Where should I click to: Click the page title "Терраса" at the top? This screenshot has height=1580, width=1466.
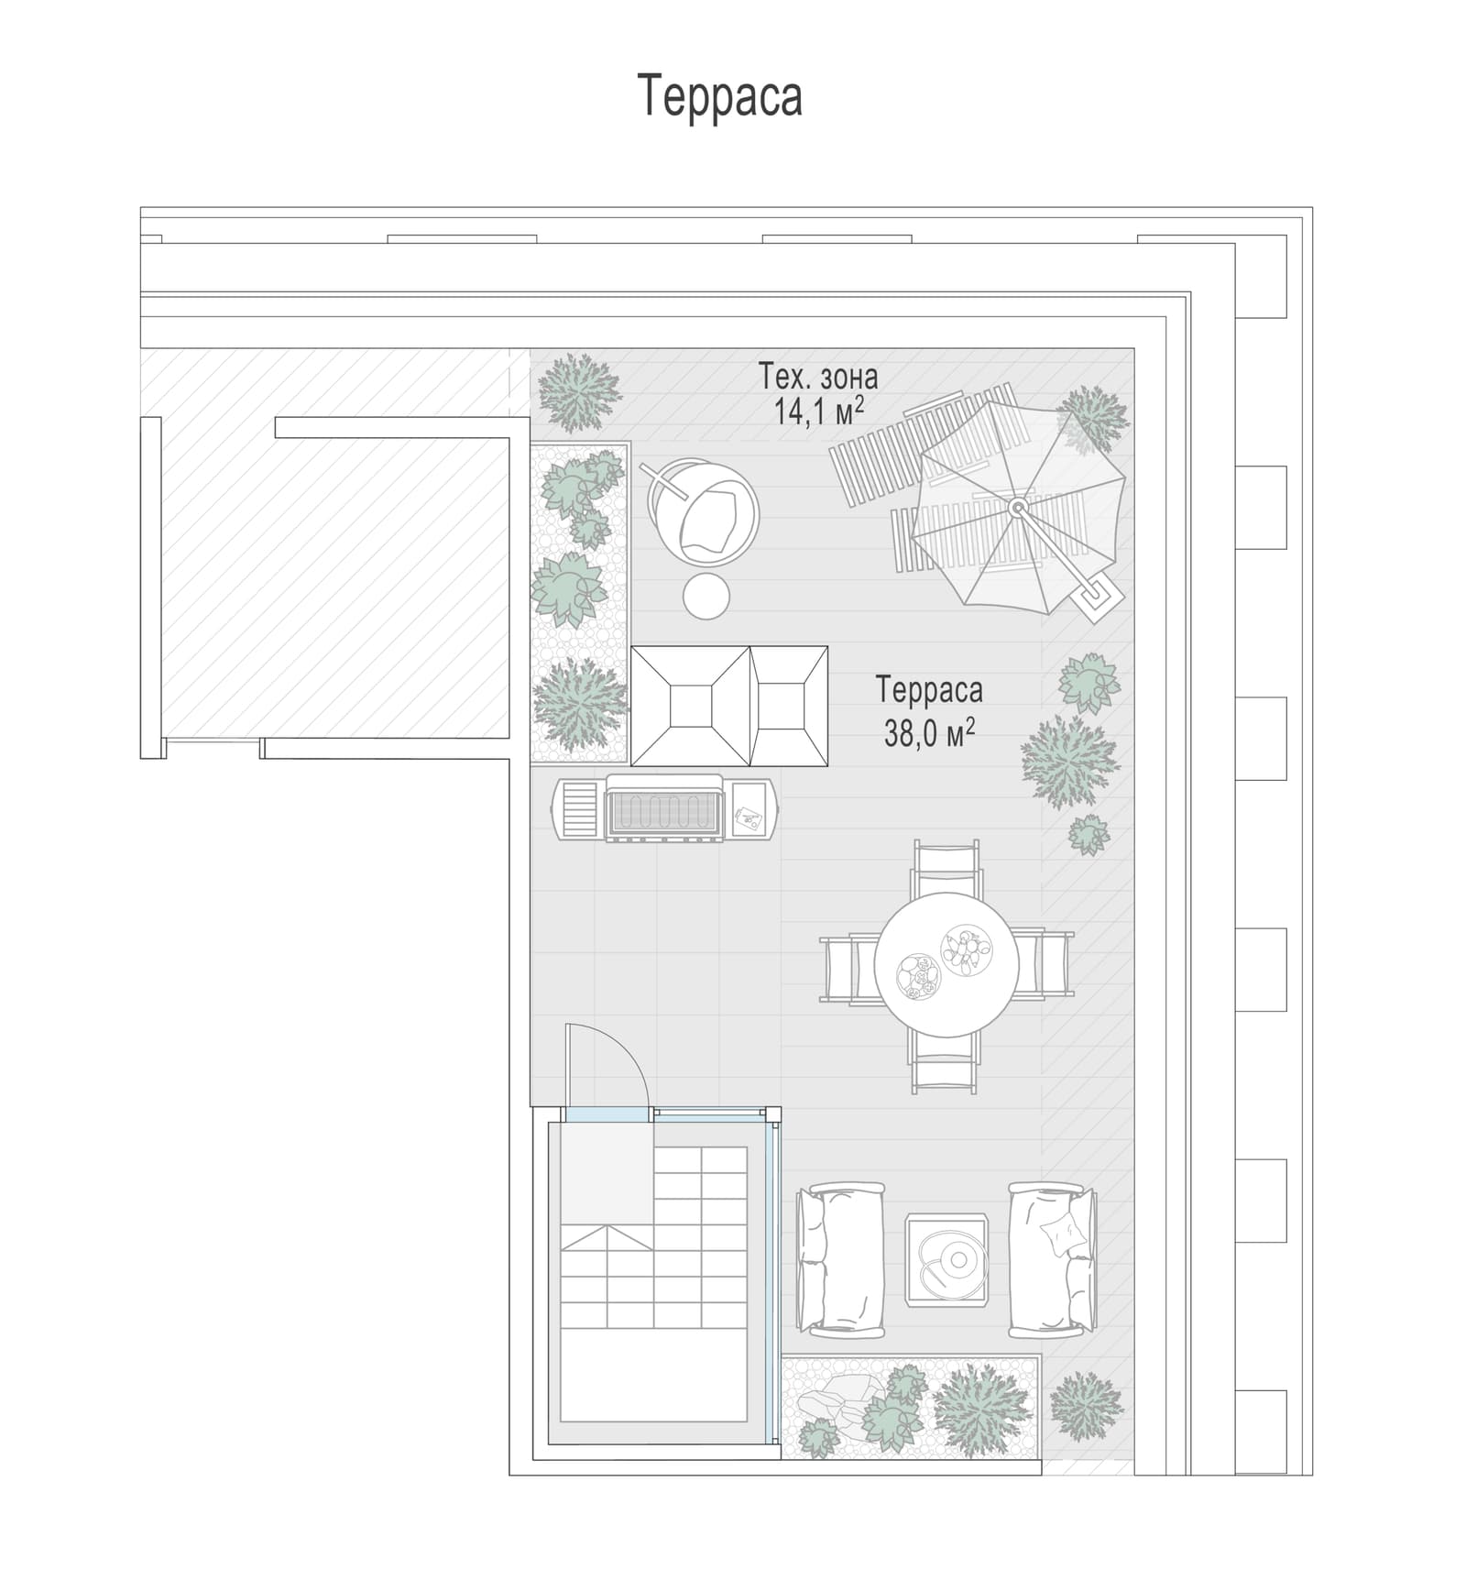tap(719, 96)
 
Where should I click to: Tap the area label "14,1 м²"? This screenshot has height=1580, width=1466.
tap(819, 411)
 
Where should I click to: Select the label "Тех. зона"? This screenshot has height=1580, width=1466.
tap(817, 376)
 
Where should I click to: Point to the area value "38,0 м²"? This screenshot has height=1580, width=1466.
tap(929, 732)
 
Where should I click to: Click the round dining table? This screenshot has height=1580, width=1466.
tap(946, 964)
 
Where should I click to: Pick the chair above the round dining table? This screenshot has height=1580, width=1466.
tap(946, 869)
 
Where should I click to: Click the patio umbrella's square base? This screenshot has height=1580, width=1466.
tap(1098, 598)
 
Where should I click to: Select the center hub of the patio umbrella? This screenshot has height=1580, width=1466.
tap(1017, 507)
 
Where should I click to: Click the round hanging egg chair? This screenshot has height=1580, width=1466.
tap(703, 511)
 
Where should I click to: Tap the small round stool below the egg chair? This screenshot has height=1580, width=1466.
tap(706, 597)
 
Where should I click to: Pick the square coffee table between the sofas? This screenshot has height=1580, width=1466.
tap(947, 1259)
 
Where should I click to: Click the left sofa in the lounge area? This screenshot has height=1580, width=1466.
tap(841, 1256)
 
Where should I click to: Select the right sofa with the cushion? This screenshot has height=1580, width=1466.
tap(1052, 1258)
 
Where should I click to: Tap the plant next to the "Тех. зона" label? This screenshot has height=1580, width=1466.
tap(578, 392)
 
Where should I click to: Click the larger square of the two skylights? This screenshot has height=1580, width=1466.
tap(691, 706)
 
